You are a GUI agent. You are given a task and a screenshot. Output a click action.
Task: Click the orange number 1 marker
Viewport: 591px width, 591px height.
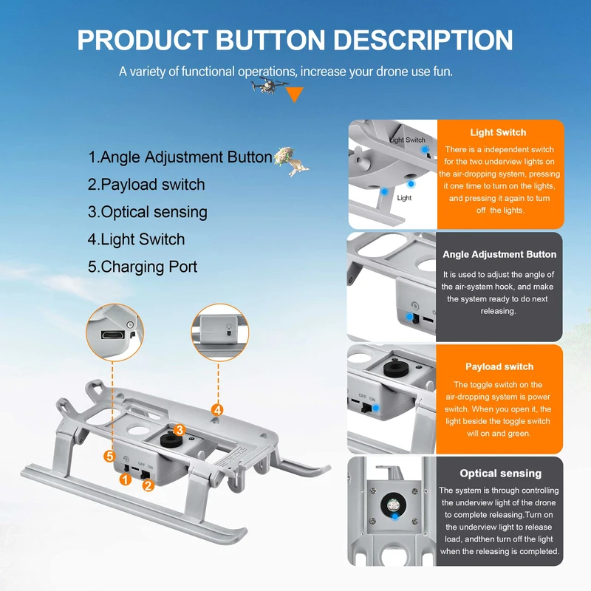tap(126, 479)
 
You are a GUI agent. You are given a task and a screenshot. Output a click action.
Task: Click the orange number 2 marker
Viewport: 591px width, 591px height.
tap(148, 485)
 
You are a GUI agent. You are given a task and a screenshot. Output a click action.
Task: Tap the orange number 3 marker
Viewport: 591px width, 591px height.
tap(179, 429)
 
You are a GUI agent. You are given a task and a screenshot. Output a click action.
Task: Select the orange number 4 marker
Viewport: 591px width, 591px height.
tap(217, 409)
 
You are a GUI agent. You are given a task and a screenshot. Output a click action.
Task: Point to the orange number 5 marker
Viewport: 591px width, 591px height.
tap(109, 455)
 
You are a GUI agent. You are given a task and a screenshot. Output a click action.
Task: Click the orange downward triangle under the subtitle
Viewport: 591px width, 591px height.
tap(295, 94)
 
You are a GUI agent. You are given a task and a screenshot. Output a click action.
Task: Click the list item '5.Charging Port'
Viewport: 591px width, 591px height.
tap(143, 267)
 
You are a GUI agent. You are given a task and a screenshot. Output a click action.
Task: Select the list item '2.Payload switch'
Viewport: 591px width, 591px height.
tap(146, 185)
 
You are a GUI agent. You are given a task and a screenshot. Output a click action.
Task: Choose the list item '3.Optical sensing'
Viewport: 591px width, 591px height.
tap(148, 212)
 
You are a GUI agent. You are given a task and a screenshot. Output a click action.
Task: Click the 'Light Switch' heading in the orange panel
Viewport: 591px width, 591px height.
tap(498, 132)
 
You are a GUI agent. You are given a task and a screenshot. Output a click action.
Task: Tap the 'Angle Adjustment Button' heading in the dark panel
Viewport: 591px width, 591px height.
tap(499, 254)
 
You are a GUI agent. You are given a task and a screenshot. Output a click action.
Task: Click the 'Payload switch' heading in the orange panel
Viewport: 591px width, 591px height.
tap(499, 366)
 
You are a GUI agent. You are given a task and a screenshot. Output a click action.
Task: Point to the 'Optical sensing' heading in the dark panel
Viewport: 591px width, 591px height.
tap(500, 474)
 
